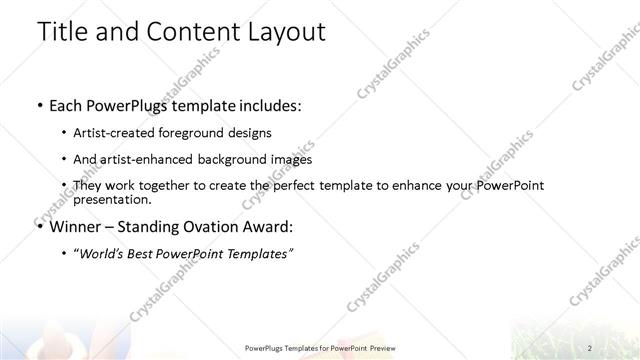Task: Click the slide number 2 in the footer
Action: [590, 348]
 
